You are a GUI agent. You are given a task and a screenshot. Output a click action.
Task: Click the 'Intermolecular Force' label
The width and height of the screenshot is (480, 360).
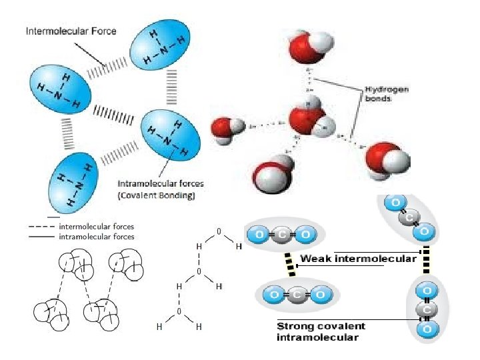[x=71, y=31]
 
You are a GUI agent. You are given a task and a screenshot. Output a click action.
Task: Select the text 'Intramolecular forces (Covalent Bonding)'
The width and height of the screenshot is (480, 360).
[x=161, y=189]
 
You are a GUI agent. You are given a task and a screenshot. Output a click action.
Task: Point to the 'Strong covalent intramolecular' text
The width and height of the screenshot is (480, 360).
[x=321, y=331]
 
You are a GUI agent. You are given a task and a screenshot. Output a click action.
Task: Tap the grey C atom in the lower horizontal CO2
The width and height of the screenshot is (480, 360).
[x=293, y=294]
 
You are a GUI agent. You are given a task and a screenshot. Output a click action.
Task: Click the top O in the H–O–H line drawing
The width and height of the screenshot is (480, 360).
[x=219, y=231]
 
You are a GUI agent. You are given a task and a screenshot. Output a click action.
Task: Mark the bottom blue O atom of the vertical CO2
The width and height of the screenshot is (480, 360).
[x=427, y=329]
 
